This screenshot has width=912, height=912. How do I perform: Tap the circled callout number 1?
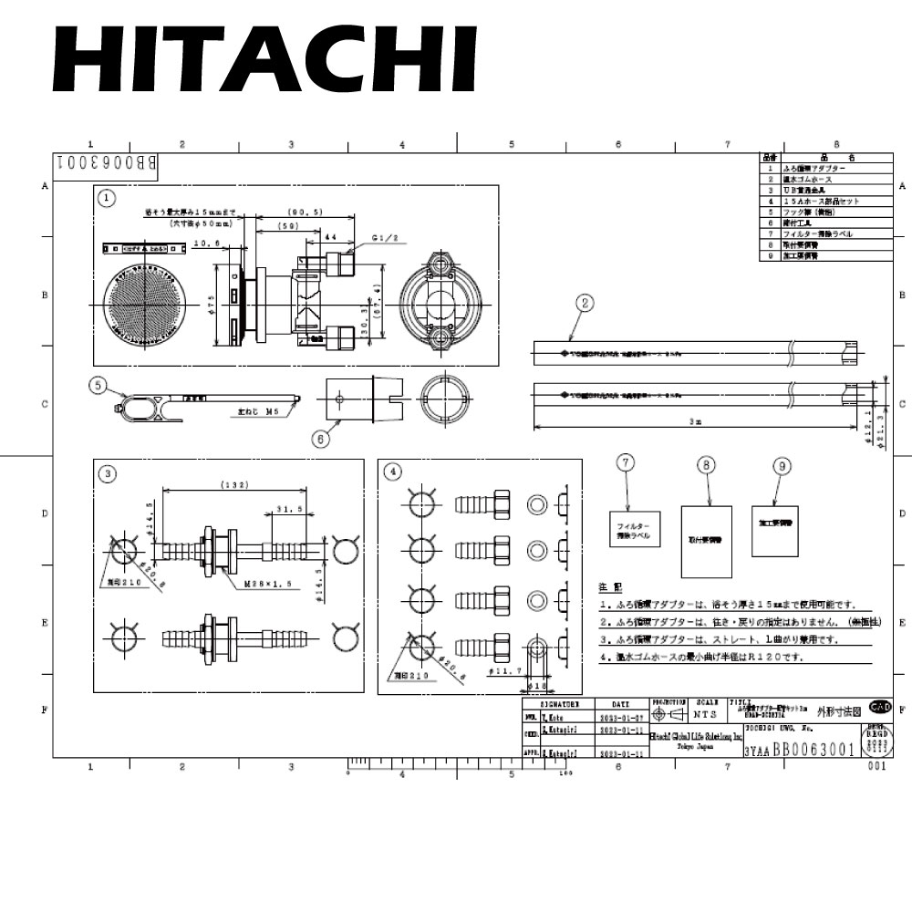pyautogui.click(x=108, y=197)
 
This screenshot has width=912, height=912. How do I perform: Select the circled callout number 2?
pyautogui.click(x=586, y=302)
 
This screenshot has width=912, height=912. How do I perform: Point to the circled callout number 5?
pyautogui.click(x=98, y=385)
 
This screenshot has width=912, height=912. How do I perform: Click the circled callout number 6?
pyautogui.click(x=320, y=439)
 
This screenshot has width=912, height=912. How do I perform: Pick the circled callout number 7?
pyautogui.click(x=626, y=463)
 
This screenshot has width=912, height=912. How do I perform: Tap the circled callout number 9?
pyautogui.click(x=781, y=465)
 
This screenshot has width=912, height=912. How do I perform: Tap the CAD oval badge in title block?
pyautogui.click(x=880, y=707)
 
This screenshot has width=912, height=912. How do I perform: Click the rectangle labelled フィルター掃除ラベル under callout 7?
pyautogui.click(x=634, y=530)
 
